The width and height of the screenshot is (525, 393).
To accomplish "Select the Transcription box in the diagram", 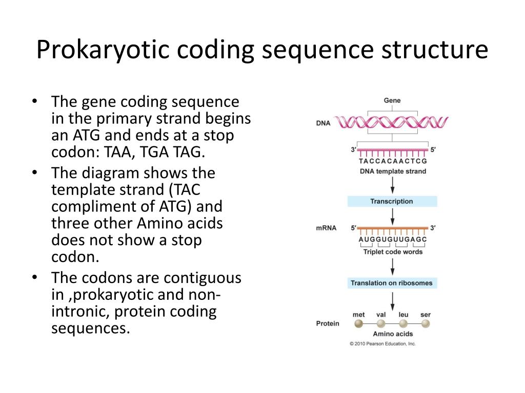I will click(x=392, y=201).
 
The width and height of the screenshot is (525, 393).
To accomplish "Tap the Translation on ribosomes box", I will click(x=392, y=283).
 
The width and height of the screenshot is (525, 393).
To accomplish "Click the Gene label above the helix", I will click(x=392, y=100).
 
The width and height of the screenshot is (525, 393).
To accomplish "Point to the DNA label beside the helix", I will click(x=323, y=123).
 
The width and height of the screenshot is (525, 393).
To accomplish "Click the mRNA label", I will click(x=326, y=228).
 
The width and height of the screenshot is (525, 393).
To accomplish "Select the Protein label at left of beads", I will click(x=328, y=323).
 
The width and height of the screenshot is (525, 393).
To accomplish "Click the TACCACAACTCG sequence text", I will click(x=393, y=161).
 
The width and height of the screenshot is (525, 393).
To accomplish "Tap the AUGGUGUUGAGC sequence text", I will click(x=393, y=239).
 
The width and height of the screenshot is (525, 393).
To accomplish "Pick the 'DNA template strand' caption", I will click(x=393, y=171).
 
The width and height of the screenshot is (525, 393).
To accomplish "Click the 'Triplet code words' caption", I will click(x=393, y=252).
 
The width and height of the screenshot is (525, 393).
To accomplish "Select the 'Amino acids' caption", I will click(x=393, y=334).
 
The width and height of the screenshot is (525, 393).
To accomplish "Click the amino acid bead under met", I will click(x=359, y=323).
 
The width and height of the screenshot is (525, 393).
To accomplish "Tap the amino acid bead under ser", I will click(x=425, y=323).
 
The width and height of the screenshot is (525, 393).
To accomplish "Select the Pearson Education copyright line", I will click(x=382, y=344).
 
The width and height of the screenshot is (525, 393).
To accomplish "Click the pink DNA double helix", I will click(x=392, y=123).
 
